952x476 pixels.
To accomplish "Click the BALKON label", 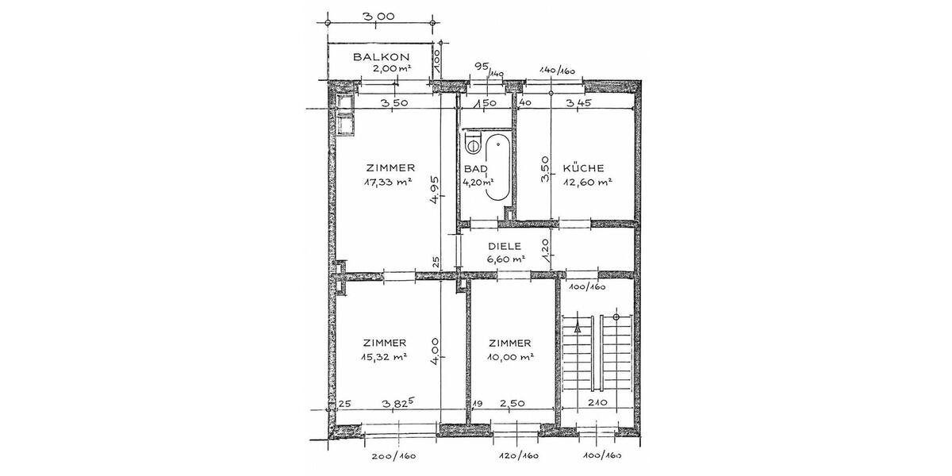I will click(381, 57).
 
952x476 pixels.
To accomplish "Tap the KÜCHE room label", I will click(583, 168).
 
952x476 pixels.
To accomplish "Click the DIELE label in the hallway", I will click(505, 246).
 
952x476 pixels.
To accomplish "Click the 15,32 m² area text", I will click(385, 356).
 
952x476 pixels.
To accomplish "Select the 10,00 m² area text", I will click(510, 356).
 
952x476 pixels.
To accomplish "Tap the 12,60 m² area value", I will click(587, 182).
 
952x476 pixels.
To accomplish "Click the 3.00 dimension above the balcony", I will click(379, 16).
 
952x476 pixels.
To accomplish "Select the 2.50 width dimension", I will click(513, 404).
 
